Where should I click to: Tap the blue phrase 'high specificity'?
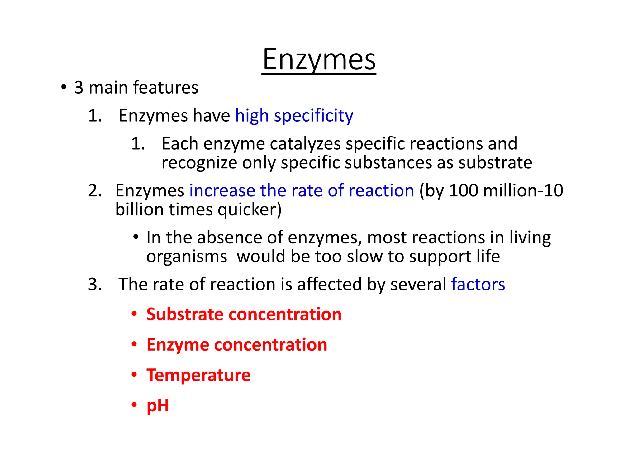point(294,116)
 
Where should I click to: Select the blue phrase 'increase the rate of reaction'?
point(302,190)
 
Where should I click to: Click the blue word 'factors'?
point(478,284)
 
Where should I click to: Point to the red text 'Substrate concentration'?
point(244,314)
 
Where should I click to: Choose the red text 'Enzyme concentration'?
point(237,345)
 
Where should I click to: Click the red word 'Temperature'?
point(198,375)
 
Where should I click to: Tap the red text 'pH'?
point(158,405)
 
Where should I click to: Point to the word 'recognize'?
point(199,163)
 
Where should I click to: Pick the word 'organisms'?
point(187,257)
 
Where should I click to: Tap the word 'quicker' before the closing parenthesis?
point(246,209)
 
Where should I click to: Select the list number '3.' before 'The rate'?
point(95,284)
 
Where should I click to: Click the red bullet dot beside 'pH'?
point(134,405)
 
